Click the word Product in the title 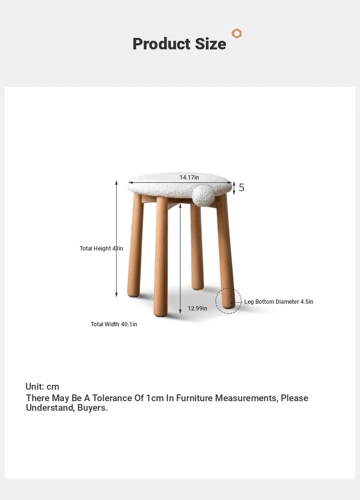[x=161, y=44]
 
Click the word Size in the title [x=210, y=44]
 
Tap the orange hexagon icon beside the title [x=237, y=34]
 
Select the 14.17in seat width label [x=189, y=177]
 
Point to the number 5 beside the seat [x=241, y=188]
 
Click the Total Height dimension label [x=101, y=249]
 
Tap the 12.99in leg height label [x=197, y=309]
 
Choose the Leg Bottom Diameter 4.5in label [x=279, y=302]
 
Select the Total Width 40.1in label [x=114, y=324]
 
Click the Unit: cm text [x=42, y=386]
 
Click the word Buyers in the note [x=93, y=408]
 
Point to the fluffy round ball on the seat [x=204, y=195]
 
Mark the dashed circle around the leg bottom [x=216, y=301]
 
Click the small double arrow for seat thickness [x=234, y=188]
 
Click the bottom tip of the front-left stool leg [x=161, y=316]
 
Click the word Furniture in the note [x=194, y=398]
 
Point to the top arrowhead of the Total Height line [x=116, y=182]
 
